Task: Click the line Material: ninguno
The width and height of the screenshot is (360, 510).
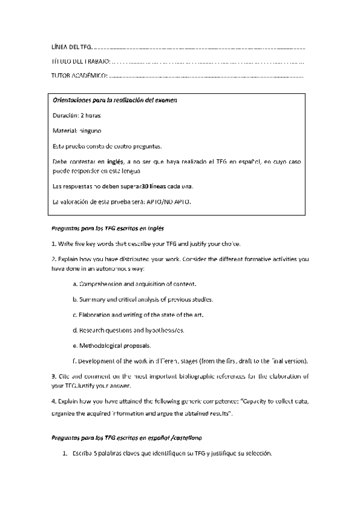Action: coord(77,130)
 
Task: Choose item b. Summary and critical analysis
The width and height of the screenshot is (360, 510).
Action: coord(142,299)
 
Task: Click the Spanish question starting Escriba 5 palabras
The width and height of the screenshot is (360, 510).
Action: coord(171,454)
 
